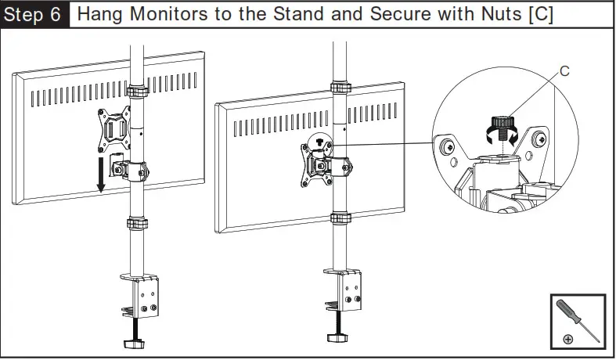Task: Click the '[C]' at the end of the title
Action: click(x=539, y=15)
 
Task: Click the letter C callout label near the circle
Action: click(x=564, y=72)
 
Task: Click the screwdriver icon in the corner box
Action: click(x=580, y=318)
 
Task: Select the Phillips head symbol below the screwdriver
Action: click(x=567, y=338)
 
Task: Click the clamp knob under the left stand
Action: click(x=134, y=343)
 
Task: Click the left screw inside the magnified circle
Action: click(x=448, y=146)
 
